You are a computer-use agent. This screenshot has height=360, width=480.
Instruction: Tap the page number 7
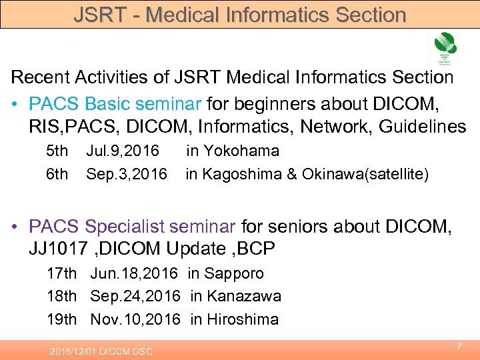pyautogui.click(x=459, y=347)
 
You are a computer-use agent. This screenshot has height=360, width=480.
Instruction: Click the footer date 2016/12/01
pyautogui.click(x=74, y=351)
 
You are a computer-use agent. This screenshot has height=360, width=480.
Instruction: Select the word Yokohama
pyautogui.click(x=244, y=151)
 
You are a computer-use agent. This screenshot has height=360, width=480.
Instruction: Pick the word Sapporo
pyautogui.click(x=235, y=273)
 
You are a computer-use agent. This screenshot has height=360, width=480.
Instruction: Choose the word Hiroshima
pyautogui.click(x=243, y=319)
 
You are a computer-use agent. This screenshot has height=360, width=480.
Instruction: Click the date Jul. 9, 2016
pyautogui.click(x=123, y=151)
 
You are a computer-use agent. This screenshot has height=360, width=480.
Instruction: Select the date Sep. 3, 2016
pyautogui.click(x=127, y=175)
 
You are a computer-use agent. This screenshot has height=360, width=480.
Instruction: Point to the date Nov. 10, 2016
pyautogui.click(x=135, y=319)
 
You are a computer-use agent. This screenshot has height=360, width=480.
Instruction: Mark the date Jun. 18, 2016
pyautogui.click(x=134, y=273)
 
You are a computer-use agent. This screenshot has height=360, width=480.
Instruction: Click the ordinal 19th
pyautogui.click(x=61, y=319)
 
